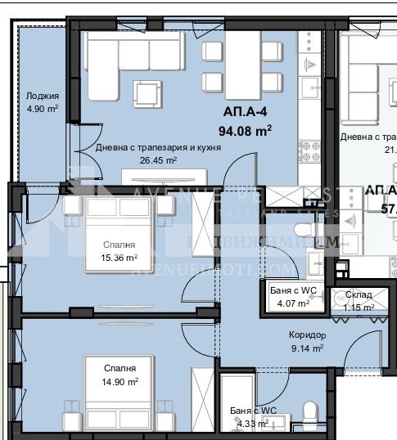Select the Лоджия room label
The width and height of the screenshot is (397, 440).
[41, 95]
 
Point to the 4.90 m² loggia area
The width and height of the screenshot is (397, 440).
[41, 108]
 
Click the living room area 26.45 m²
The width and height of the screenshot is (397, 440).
[159, 160]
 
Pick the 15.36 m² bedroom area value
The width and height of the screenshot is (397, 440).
[120, 258]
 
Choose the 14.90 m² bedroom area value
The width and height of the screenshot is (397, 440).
[120, 380]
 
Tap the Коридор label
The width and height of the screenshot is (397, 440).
[307, 335]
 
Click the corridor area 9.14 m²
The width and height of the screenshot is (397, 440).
[307, 348]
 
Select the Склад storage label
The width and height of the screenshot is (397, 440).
[359, 294]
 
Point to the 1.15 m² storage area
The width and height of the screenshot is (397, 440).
[358, 307]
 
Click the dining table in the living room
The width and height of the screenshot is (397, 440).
[242, 65]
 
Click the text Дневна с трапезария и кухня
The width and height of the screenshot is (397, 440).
[159, 148]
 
